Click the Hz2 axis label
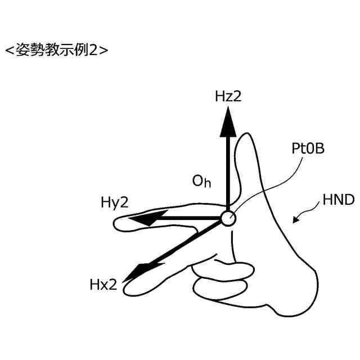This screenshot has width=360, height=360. [x=228, y=96]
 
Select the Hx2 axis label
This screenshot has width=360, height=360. [x=103, y=285]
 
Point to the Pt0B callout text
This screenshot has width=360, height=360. [x=308, y=150]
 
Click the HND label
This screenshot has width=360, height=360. [x=339, y=201]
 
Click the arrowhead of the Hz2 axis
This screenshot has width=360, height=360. [x=227, y=121]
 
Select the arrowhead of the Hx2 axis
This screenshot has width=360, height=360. [x=134, y=272]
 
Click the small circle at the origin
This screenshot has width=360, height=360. [x=227, y=218]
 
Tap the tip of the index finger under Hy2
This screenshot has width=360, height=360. [x=118, y=224]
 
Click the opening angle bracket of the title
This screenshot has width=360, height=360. [x=10, y=49]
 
